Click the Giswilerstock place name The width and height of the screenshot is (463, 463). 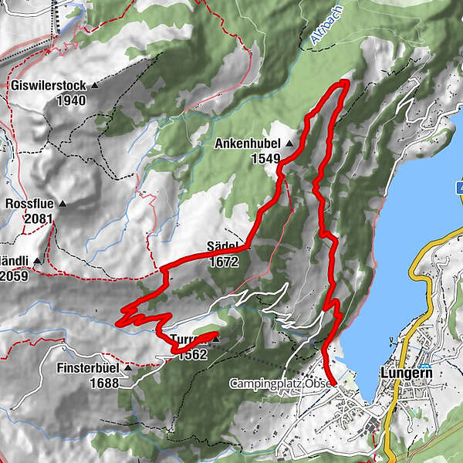(x=49, y=85)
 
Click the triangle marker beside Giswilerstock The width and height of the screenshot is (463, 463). (x=96, y=85)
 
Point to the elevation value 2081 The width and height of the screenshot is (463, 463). (x=38, y=219)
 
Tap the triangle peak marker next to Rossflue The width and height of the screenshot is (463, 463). (x=63, y=204)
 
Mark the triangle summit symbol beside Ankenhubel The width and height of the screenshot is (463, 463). (x=289, y=144)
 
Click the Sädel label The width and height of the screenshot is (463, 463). (x=221, y=247)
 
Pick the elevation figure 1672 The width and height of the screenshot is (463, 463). (x=223, y=262)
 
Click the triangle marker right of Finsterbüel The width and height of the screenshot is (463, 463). (x=128, y=369)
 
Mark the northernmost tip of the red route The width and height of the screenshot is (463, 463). (x=345, y=82)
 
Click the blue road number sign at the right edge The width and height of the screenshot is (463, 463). (x=459, y=188)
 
